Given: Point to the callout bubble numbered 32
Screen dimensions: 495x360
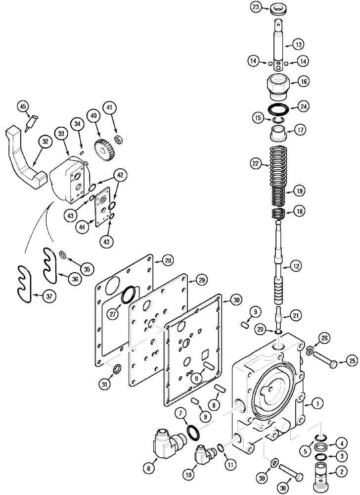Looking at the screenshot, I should point(45,141).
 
